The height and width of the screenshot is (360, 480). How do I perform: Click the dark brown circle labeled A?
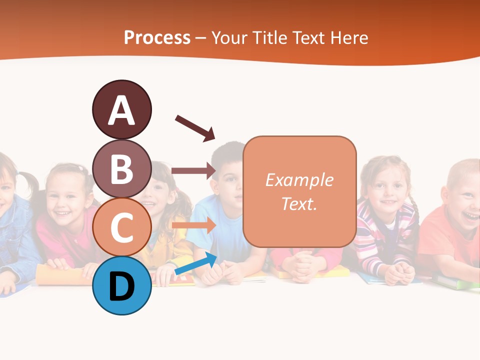point(121,109)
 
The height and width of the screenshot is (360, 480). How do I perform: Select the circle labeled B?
point(121,168)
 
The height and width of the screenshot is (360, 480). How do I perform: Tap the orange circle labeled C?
point(121,227)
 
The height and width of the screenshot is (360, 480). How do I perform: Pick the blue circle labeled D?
point(121,285)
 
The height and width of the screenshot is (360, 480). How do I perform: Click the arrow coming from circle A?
point(195,128)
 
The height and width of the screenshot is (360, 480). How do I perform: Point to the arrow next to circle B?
point(193,171)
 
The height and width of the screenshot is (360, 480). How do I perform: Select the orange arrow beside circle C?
point(193,225)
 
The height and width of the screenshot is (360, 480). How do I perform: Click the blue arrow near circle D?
point(196,263)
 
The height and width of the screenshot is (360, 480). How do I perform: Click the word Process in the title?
point(157,38)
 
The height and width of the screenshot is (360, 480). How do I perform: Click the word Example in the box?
point(299,180)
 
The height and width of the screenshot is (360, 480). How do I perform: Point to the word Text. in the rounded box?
point(299,203)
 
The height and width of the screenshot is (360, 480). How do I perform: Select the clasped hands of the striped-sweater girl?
point(399,273)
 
